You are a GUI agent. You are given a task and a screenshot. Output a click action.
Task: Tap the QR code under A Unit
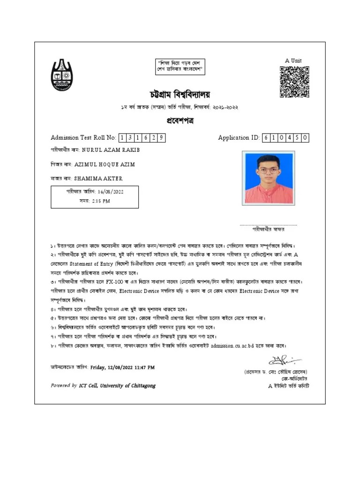(x=294, y=82)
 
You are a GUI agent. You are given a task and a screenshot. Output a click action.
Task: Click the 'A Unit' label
(x=293, y=60)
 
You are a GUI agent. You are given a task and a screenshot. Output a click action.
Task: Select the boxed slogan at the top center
(x=180, y=67)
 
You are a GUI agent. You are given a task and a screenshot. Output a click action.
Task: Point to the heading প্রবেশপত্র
(x=180, y=121)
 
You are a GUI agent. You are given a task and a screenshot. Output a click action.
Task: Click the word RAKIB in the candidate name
(x=130, y=150)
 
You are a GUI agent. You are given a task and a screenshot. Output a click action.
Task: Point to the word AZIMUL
(x=85, y=165)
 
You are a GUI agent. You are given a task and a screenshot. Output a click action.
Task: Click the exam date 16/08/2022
(x=111, y=191)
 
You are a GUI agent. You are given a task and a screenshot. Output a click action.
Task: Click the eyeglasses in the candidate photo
(x=268, y=171)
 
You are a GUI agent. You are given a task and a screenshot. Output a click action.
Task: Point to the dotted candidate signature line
(x=268, y=225)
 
